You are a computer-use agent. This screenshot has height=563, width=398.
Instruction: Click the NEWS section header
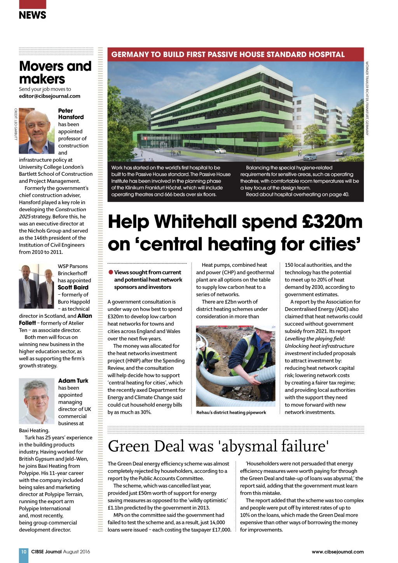32,15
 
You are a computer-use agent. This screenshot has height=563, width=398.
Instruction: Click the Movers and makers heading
55,72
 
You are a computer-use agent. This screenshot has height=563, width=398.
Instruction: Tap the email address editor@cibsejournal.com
50,96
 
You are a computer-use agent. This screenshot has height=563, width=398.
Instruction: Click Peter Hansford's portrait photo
37,131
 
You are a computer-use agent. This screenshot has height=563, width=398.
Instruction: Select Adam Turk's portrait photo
37,402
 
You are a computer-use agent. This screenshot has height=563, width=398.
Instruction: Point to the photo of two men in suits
37,286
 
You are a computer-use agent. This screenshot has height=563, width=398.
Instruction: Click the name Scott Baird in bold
73,287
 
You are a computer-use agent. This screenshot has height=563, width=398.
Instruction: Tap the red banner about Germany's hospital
235,54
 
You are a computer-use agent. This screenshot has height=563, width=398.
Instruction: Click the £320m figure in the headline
332,222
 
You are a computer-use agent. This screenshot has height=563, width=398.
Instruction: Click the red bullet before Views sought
111,272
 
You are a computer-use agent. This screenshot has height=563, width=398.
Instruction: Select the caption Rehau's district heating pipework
231,413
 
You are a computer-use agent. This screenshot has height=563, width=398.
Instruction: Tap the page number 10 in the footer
24,551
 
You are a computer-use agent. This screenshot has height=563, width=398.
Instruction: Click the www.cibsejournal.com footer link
337,552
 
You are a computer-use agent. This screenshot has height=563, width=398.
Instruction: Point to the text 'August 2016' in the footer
77,552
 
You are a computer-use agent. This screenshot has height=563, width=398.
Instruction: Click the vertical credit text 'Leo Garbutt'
16,124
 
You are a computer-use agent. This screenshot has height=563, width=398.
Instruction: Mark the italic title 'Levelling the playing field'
315,339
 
